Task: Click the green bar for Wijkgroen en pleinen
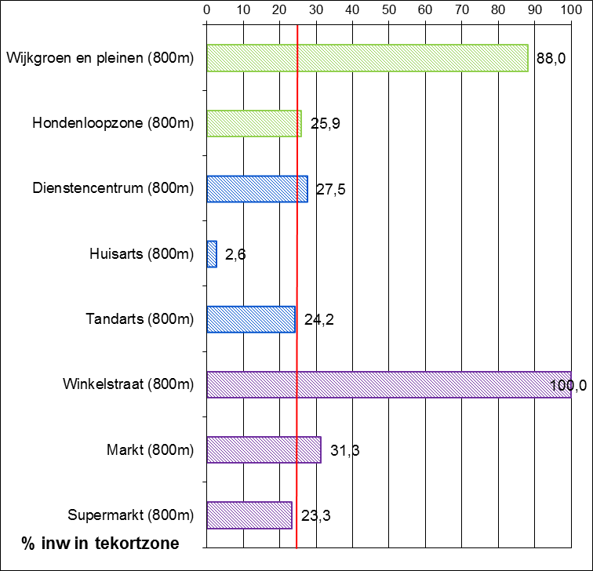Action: click(x=367, y=58)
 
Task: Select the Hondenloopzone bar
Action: click(x=253, y=123)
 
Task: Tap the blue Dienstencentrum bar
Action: click(x=256, y=188)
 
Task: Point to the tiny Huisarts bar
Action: click(x=211, y=254)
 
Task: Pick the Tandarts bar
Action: click(x=250, y=319)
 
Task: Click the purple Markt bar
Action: click(x=264, y=449)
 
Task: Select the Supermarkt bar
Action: click(x=249, y=515)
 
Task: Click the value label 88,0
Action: click(x=551, y=59)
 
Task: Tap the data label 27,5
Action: click(x=330, y=189)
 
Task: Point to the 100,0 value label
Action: click(x=569, y=384)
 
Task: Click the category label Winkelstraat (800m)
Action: click(x=128, y=384)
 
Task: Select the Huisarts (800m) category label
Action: click(x=142, y=254)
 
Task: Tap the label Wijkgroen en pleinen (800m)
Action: click(x=100, y=58)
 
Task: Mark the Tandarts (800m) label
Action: click(x=139, y=319)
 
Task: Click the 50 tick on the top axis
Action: click(x=388, y=10)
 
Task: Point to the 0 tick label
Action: click(x=206, y=10)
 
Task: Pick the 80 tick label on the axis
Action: click(x=498, y=10)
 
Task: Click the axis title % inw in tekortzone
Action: click(x=100, y=543)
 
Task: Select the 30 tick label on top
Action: click(x=315, y=10)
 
